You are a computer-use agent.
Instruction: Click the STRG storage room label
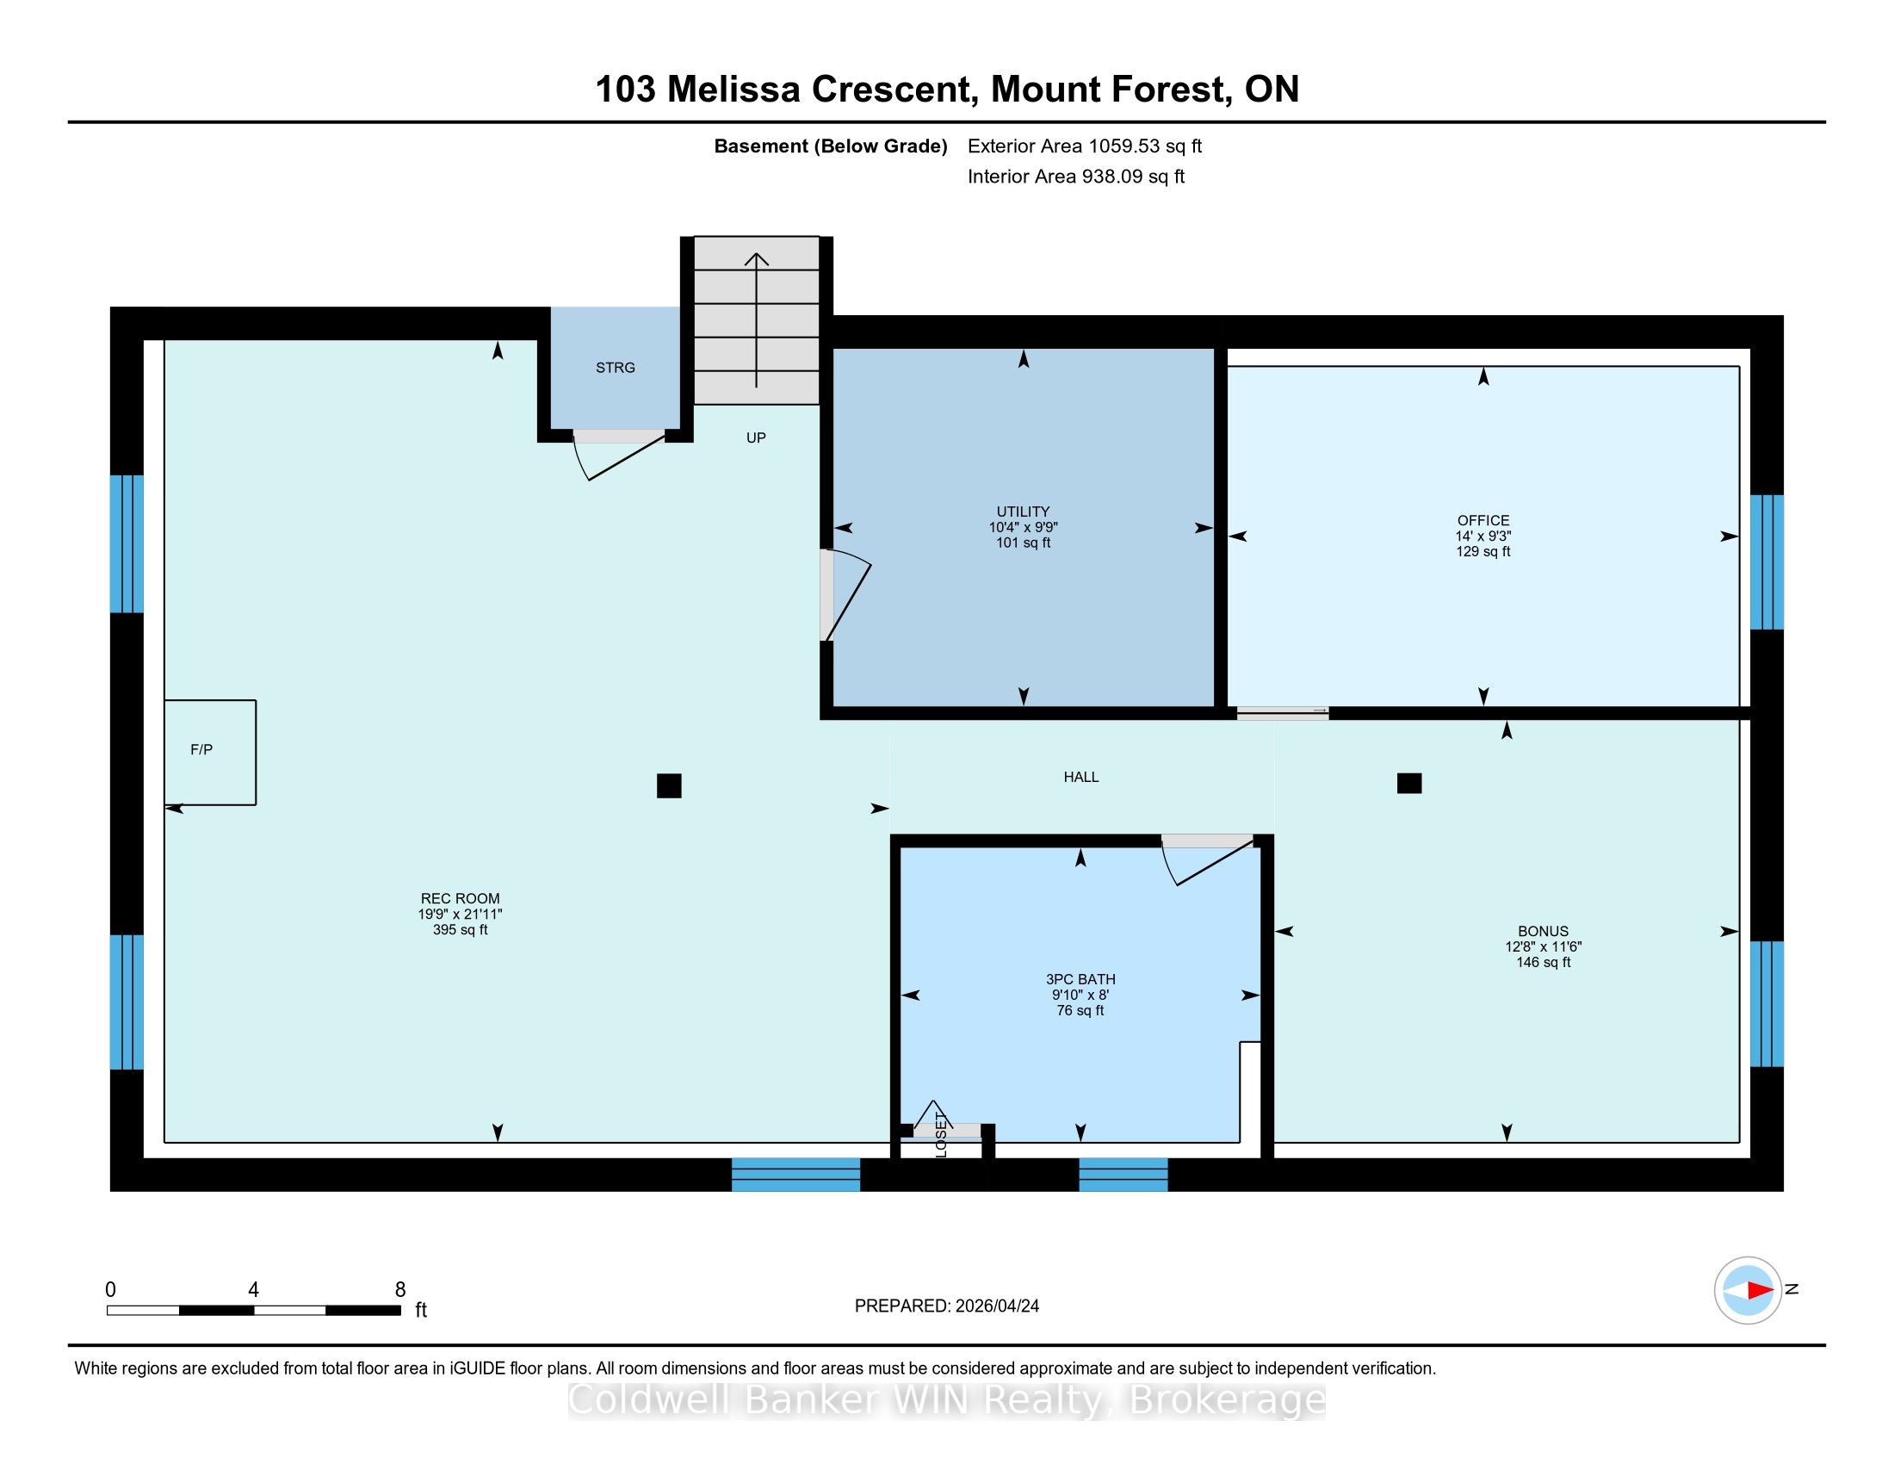coord(615,368)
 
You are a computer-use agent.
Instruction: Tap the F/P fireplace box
coord(210,752)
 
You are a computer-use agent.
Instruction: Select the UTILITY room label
coord(1024,512)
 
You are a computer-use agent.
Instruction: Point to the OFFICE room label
coord(1483,520)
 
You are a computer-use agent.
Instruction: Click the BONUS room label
coord(1543,932)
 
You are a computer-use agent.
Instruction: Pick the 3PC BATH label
coord(1080,979)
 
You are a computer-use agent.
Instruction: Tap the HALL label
coord(1081,777)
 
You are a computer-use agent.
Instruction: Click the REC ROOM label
coord(460,898)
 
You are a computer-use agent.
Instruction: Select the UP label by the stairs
coord(756,438)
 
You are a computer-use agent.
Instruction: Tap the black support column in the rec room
coord(669,785)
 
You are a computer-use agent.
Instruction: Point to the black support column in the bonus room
coord(1409,783)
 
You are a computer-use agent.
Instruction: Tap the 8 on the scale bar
coord(399,1290)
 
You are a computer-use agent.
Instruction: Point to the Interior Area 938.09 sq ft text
coord(1075,177)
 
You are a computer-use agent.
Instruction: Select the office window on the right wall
coord(1767,562)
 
